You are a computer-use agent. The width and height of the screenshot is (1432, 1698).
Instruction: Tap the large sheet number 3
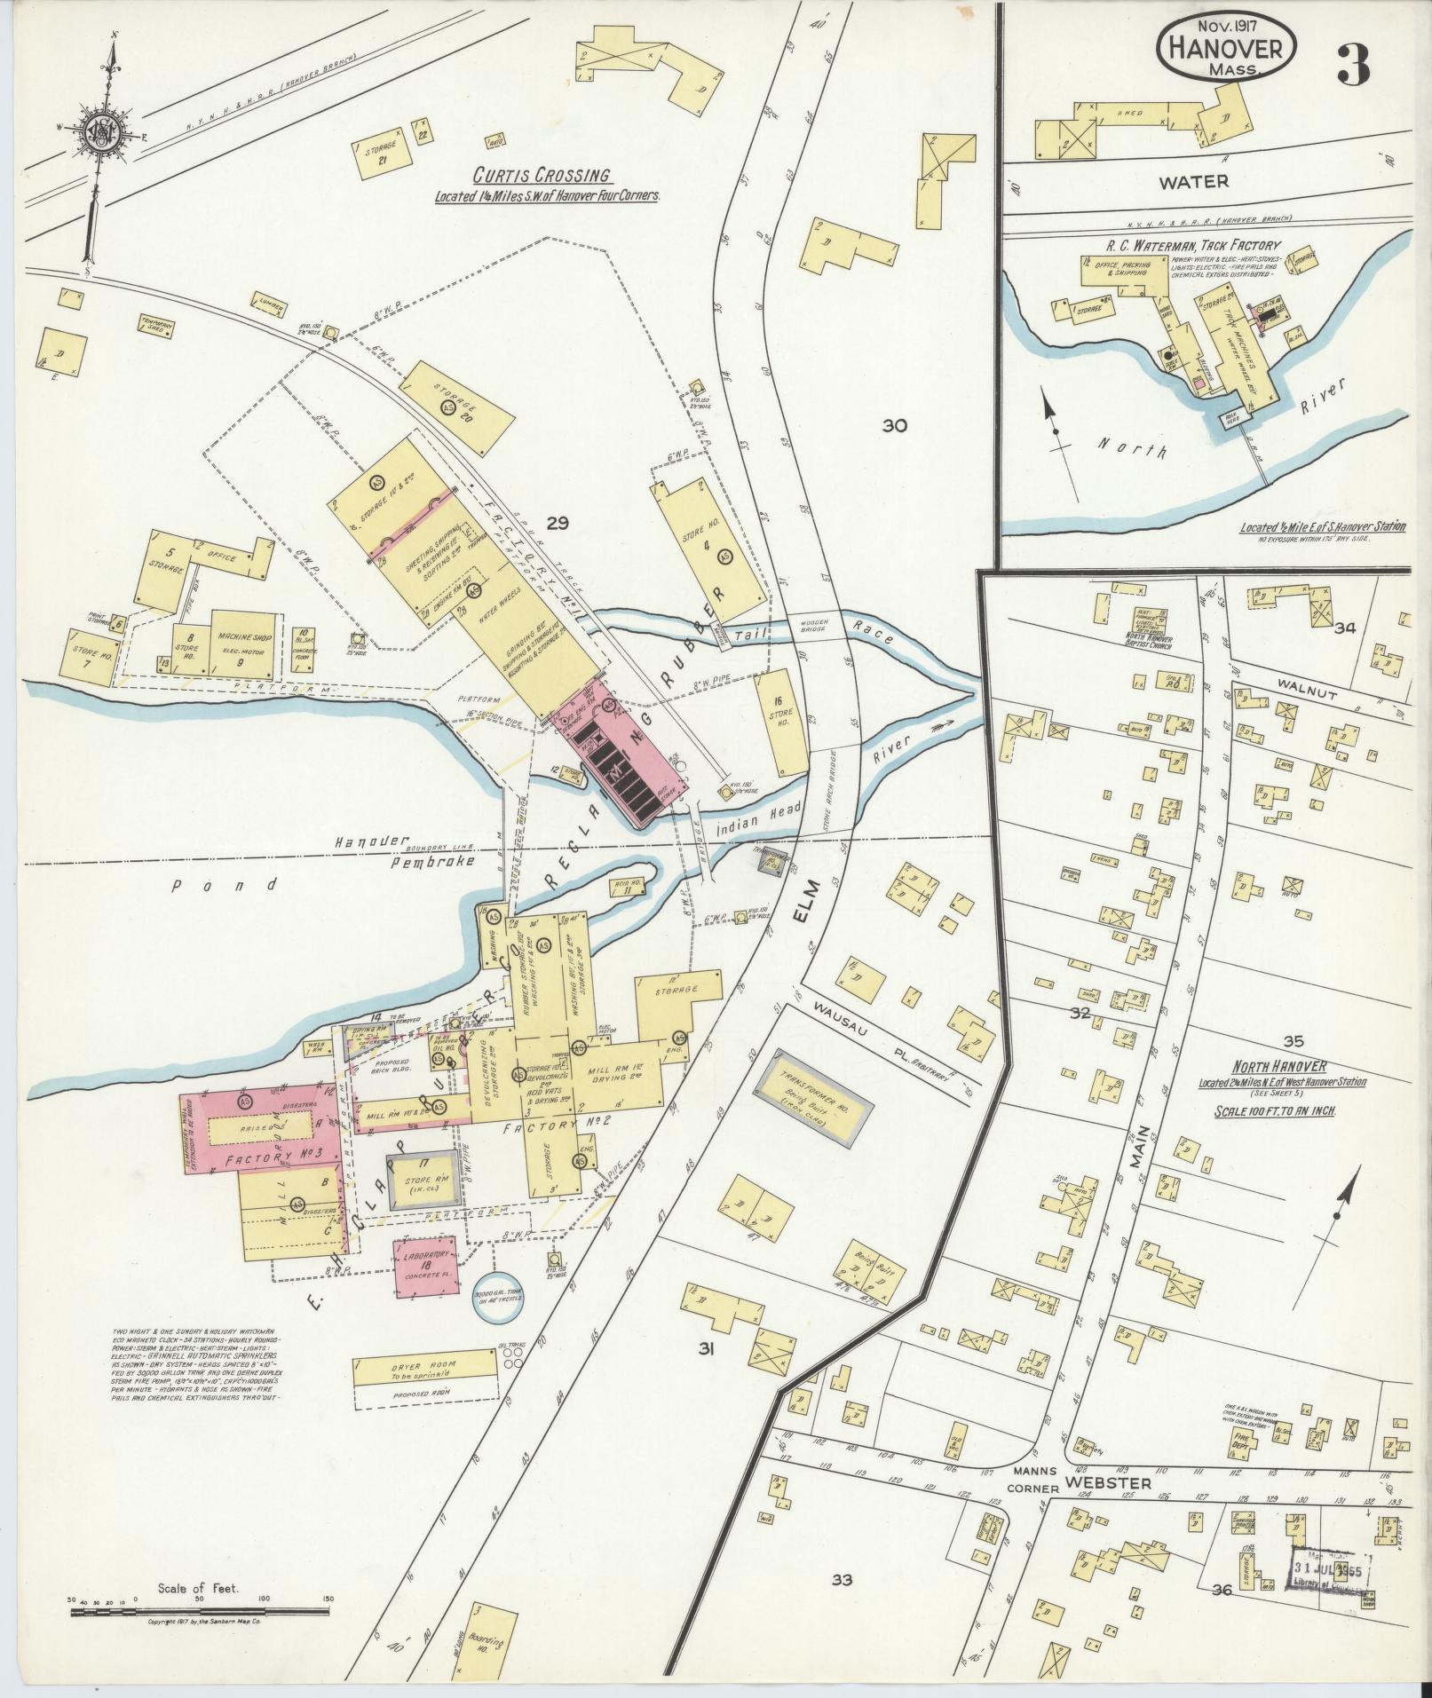(1353, 63)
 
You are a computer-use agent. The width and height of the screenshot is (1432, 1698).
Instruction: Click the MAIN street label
(1143, 1149)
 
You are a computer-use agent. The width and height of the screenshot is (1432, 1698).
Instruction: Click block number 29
(557, 523)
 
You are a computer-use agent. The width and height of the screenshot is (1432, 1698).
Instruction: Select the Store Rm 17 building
(423, 1185)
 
